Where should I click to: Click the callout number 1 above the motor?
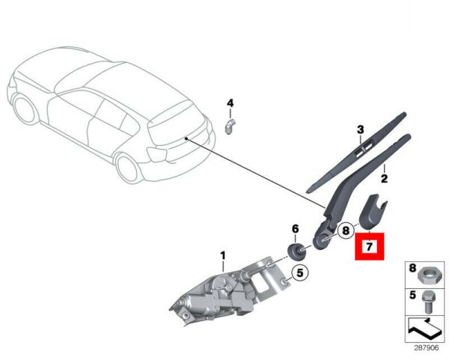(223, 256)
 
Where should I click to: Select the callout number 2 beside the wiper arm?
(384, 179)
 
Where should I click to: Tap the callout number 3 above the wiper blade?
(360, 129)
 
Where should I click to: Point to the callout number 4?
(230, 103)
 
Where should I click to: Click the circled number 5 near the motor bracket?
(300, 273)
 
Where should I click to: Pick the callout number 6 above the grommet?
(296, 229)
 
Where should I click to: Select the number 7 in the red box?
(370, 246)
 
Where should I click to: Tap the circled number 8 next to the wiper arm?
(346, 231)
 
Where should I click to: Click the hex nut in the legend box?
(427, 275)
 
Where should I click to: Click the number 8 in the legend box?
(412, 269)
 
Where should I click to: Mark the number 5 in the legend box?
(412, 295)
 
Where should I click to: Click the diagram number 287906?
(427, 348)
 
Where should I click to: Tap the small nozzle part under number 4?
(229, 126)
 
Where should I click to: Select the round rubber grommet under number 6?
(296, 251)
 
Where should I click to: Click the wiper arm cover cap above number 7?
(371, 212)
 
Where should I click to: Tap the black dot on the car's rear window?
(186, 138)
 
